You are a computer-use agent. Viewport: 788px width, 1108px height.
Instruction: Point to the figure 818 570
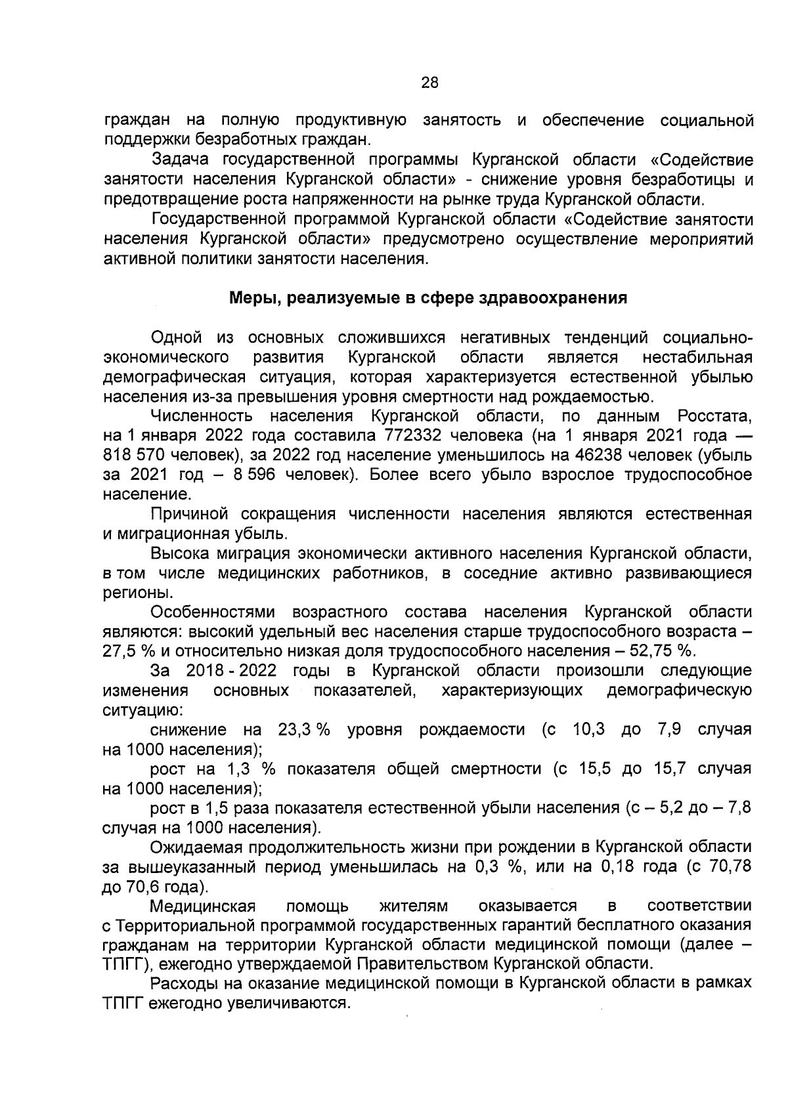137,455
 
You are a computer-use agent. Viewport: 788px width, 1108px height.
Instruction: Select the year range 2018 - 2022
231,671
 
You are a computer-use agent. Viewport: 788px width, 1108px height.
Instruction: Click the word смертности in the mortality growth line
496,769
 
